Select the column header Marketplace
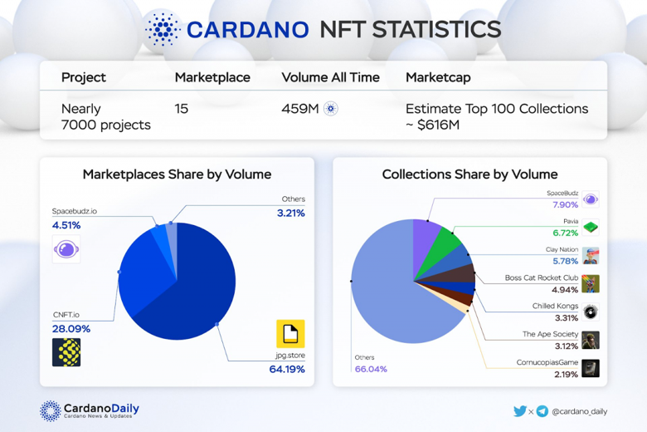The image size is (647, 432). coord(212,77)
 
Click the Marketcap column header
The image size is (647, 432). coord(438,77)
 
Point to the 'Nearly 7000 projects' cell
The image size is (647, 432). coord(106,116)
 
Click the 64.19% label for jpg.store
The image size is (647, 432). coord(287,369)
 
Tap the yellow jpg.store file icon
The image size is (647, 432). coord(290,334)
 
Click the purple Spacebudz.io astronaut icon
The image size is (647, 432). coord(66,248)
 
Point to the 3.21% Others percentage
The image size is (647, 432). coord(290,214)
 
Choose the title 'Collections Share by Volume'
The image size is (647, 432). coord(469,174)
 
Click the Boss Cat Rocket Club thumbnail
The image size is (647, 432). coord(590,283)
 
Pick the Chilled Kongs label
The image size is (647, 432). coord(555,306)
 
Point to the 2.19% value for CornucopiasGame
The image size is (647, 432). coord(566,375)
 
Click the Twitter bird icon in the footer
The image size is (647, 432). coord(520,410)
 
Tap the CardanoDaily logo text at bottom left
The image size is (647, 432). coord(101,409)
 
